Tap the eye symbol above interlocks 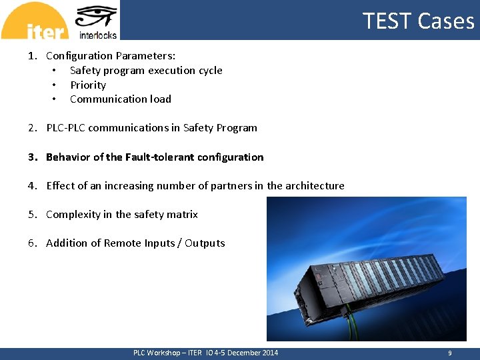[97, 16]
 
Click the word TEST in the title [387, 21]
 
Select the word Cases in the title [446, 21]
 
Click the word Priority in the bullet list [88, 85]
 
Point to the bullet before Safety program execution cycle [53, 71]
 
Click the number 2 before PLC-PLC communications [31, 128]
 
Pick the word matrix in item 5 [182, 215]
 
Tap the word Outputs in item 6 [205, 243]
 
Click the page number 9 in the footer [450, 353]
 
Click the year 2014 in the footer [270, 353]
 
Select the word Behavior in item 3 [68, 157]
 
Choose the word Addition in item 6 [65, 243]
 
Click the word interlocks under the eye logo [97, 35]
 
